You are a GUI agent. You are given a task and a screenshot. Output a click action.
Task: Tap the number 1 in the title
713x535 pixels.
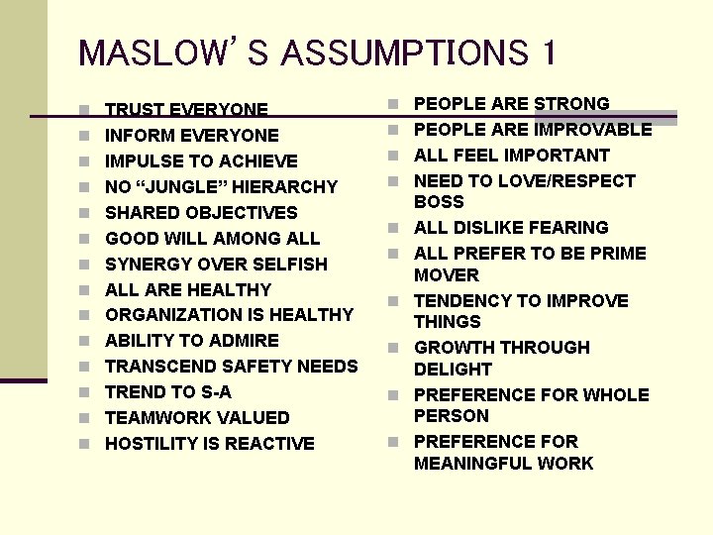[548, 52]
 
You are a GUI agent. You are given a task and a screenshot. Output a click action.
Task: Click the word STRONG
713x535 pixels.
[571, 104]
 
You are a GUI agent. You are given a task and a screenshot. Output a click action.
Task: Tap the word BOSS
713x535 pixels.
[439, 202]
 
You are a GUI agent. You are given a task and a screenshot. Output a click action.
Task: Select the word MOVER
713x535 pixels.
[447, 275]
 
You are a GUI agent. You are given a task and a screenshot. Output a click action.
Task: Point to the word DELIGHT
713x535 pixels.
[453, 370]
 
